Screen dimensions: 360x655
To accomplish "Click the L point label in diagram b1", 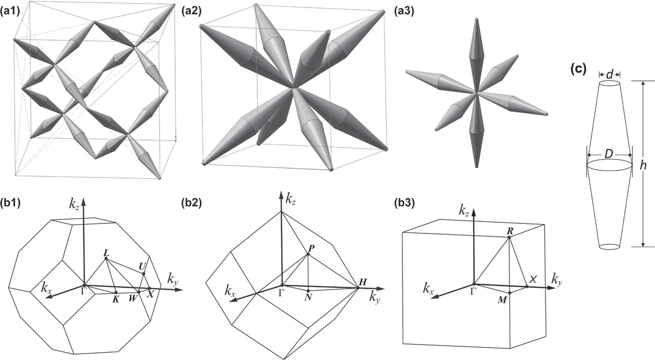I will (107, 252).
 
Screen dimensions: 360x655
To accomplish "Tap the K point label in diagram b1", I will (115, 299).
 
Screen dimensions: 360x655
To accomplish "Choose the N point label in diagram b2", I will (308, 298).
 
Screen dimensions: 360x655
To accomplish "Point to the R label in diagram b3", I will (510, 231).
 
